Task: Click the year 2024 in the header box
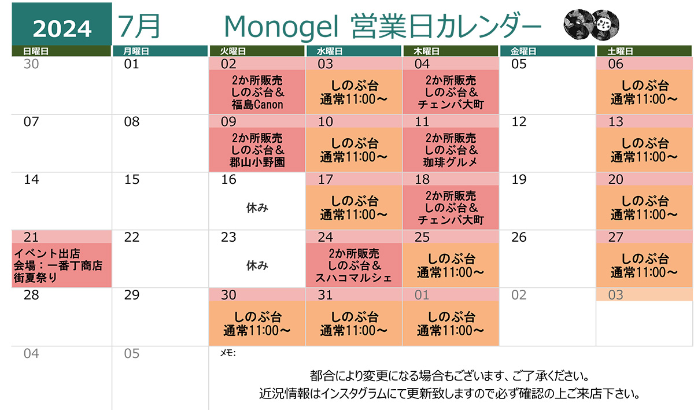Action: pos(62,27)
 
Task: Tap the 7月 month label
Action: pos(139,25)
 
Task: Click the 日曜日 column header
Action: pos(36,51)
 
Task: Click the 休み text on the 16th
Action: pos(257,208)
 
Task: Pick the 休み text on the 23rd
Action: pos(257,265)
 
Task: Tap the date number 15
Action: pos(132,180)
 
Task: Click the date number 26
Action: pos(519,238)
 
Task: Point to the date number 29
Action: pos(132,296)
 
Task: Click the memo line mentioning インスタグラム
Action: pos(451,395)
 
